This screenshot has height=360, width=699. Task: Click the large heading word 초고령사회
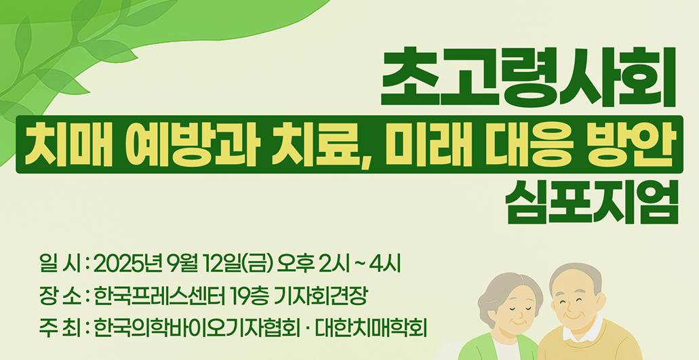(529, 78)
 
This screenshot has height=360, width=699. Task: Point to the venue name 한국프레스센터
(159, 297)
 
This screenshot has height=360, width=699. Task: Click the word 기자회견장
(321, 297)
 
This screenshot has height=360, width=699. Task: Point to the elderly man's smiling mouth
(572, 315)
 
